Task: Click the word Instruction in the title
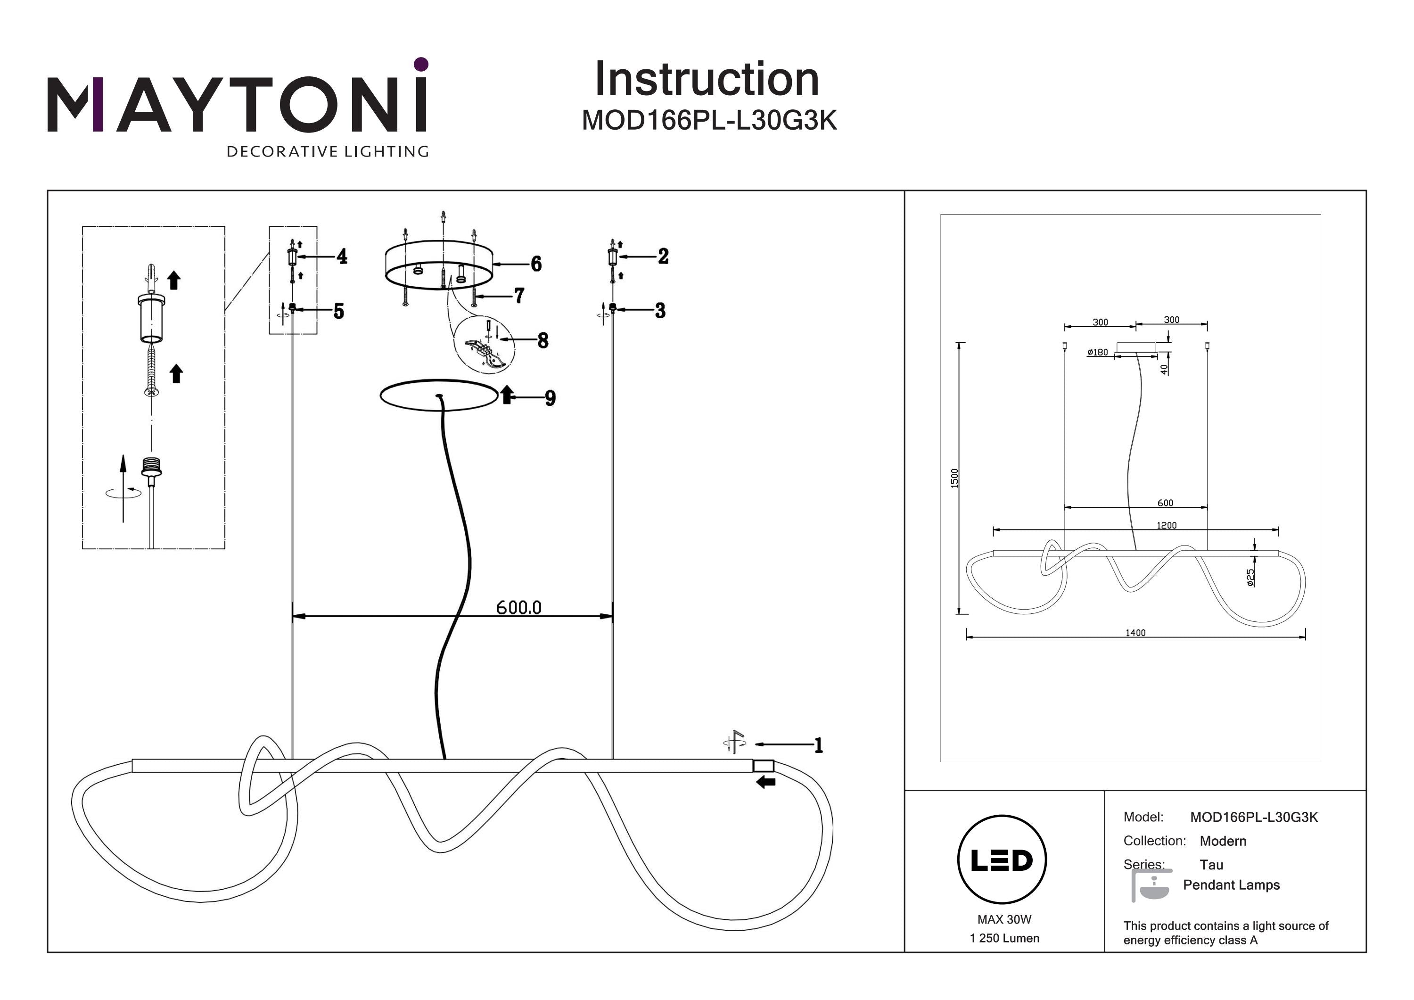point(707,80)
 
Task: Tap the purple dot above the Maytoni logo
point(421,64)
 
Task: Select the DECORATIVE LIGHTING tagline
point(327,151)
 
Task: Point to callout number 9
point(551,398)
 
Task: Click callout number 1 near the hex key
point(818,745)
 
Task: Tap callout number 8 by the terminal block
point(543,340)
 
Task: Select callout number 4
point(342,256)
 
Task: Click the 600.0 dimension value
point(518,608)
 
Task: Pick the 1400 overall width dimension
point(1135,633)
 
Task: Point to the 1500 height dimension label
point(954,478)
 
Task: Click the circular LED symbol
point(1002,860)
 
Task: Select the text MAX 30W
point(1004,919)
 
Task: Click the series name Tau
point(1211,864)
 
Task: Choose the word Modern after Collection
point(1223,841)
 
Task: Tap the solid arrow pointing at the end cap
point(766,782)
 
